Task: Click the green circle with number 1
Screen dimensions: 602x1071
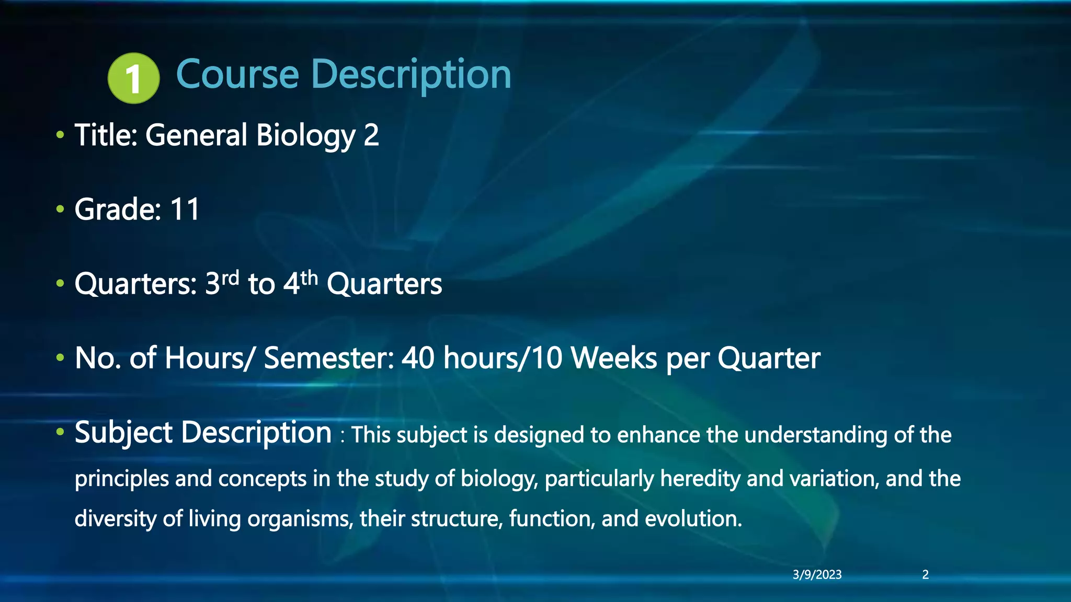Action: coord(133,78)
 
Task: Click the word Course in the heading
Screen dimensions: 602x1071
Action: coord(237,74)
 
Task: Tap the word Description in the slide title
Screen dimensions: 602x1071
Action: coord(411,74)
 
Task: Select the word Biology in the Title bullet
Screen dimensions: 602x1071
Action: coord(306,135)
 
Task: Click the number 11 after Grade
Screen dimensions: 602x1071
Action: coord(185,210)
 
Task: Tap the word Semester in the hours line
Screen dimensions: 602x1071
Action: coord(329,358)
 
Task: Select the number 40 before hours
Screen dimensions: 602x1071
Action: coord(418,358)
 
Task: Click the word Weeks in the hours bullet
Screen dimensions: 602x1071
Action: coord(613,358)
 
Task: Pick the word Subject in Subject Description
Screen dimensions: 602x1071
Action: coord(123,433)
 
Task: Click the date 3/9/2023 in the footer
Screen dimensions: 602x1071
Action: coord(817,575)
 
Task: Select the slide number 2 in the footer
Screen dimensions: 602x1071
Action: coord(925,575)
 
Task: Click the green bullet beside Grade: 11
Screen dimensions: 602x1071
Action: coord(60,210)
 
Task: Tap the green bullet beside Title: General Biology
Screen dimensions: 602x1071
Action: coord(60,135)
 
